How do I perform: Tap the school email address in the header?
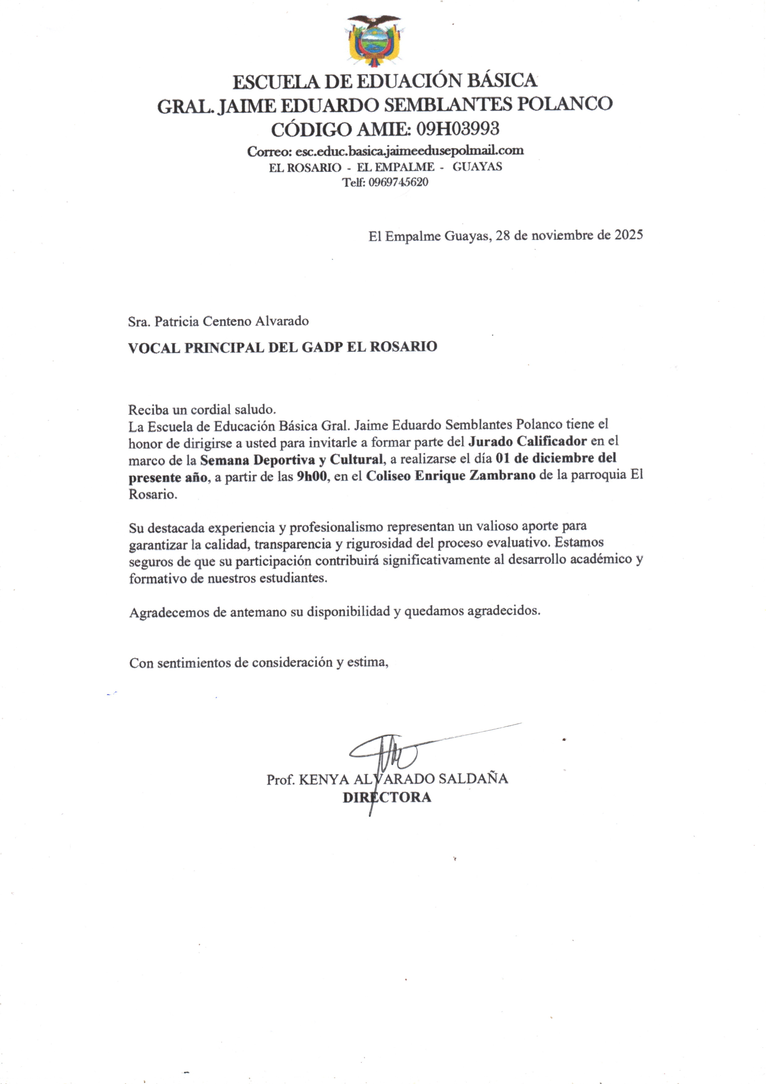click(x=409, y=151)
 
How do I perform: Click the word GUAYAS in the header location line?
click(x=477, y=166)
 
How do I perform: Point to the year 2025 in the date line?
click(x=628, y=235)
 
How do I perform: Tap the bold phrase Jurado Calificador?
click(x=527, y=441)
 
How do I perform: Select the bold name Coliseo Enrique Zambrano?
click(x=451, y=476)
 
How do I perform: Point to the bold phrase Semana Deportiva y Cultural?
click(x=291, y=459)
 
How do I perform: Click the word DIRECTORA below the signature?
click(x=387, y=797)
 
